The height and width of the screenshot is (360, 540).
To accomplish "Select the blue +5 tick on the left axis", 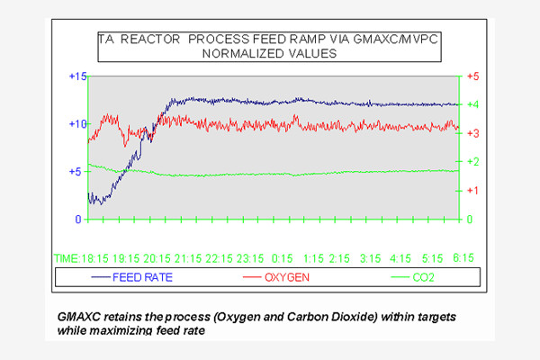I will coord(77,171).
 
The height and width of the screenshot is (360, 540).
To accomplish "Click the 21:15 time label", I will coord(185,258).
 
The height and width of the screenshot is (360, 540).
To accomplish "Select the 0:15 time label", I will coord(283,258).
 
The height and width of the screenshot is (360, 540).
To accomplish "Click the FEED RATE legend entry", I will coord(142,277).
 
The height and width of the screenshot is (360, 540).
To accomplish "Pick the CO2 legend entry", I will coord(423,277).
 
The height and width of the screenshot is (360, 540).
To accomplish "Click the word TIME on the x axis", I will coord(67,258).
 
